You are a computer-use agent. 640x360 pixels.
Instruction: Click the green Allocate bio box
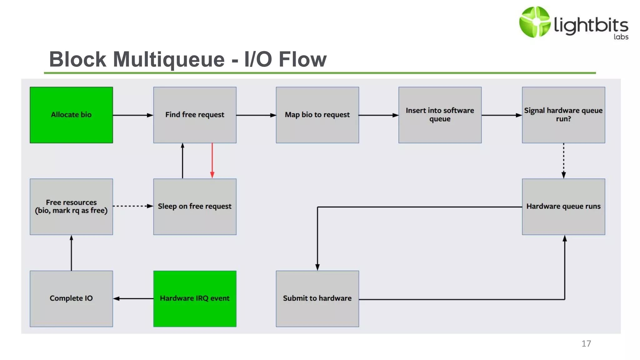(71, 115)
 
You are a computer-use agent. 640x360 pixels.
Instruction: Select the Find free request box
(195, 115)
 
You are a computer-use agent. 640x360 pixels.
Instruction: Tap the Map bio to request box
(317, 115)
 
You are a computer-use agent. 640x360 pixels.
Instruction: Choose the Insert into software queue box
(440, 115)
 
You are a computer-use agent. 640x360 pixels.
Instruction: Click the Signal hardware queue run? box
(563, 115)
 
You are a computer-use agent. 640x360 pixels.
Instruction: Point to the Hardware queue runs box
(563, 207)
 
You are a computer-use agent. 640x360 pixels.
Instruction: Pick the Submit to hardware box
(317, 298)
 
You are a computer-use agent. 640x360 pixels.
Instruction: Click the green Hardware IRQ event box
(195, 298)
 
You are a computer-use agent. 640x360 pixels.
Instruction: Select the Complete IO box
(71, 298)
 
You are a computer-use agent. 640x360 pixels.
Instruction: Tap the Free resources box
(71, 207)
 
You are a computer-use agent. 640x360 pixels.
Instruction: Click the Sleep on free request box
(195, 207)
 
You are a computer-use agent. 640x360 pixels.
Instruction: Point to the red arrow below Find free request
(212, 161)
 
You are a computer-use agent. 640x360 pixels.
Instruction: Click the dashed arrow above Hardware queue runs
(563, 161)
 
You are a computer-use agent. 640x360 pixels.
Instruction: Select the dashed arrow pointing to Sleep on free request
(133, 206)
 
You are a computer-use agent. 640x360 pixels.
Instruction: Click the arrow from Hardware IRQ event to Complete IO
(133, 298)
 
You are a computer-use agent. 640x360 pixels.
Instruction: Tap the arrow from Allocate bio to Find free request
(133, 115)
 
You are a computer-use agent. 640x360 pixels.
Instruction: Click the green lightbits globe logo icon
(534, 22)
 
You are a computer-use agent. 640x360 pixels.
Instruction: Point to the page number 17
(586, 343)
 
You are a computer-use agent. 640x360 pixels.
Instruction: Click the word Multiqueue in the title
(169, 59)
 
